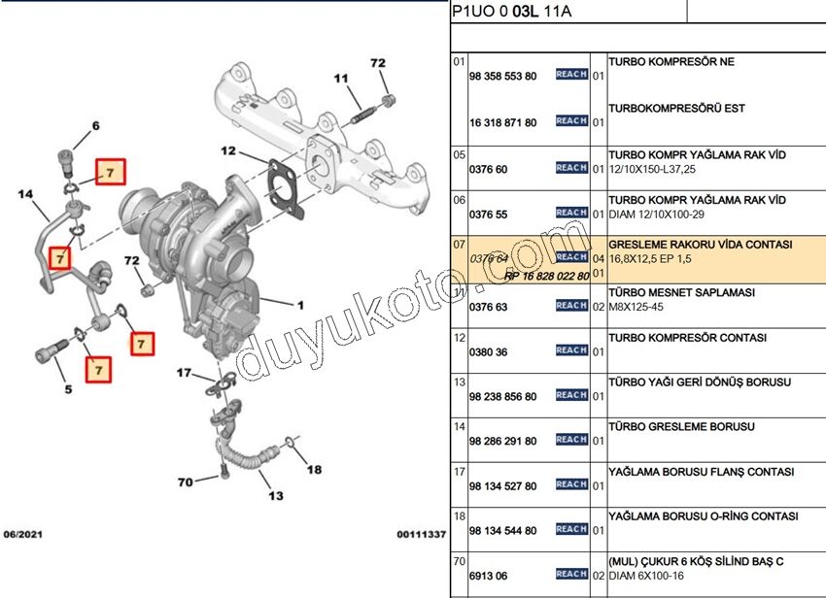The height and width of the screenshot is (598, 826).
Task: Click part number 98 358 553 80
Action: [x=502, y=76]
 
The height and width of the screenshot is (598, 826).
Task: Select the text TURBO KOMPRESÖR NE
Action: [x=671, y=62]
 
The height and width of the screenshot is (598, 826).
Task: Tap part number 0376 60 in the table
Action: [x=488, y=169]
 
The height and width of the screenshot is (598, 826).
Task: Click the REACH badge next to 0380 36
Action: [x=571, y=350]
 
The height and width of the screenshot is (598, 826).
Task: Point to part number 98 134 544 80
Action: [x=502, y=531]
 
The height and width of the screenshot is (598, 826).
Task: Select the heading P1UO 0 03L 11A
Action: [x=511, y=12]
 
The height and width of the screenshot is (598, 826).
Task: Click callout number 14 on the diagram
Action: [x=26, y=195]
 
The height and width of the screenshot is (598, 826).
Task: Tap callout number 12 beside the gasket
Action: [x=227, y=150]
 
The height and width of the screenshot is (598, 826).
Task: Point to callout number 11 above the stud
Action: [x=341, y=78]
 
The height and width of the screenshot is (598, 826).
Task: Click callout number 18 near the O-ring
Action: [x=314, y=470]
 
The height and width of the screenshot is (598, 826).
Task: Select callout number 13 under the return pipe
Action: [x=276, y=496]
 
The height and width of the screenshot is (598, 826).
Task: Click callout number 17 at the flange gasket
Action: [x=184, y=373]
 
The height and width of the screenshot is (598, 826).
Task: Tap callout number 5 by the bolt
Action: [x=68, y=390]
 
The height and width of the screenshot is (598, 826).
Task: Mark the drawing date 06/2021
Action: [x=22, y=534]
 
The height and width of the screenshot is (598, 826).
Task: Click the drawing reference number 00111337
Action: [x=420, y=534]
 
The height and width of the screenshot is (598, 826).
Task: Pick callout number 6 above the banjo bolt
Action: [x=95, y=125]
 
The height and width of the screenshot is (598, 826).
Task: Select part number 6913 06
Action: [x=488, y=577]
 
